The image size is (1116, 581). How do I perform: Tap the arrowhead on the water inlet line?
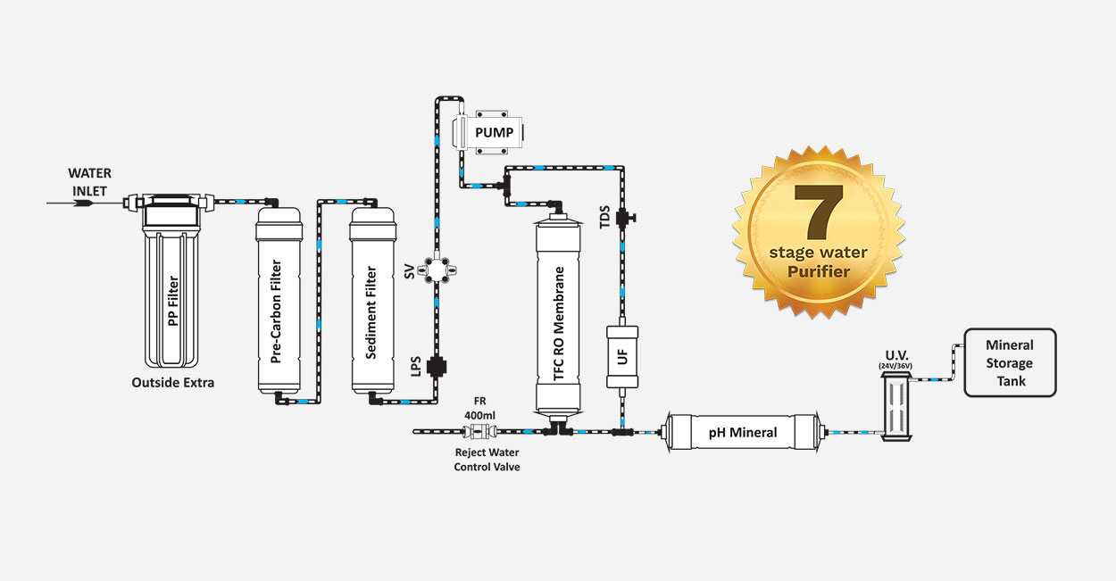click(83, 203)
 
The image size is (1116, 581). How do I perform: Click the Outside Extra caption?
click(172, 383)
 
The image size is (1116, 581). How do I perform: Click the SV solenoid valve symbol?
click(436, 270)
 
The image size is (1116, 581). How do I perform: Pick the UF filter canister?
click(621, 355)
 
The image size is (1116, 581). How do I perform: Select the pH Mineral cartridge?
click(743, 433)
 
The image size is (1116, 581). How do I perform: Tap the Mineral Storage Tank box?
click(1009, 363)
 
